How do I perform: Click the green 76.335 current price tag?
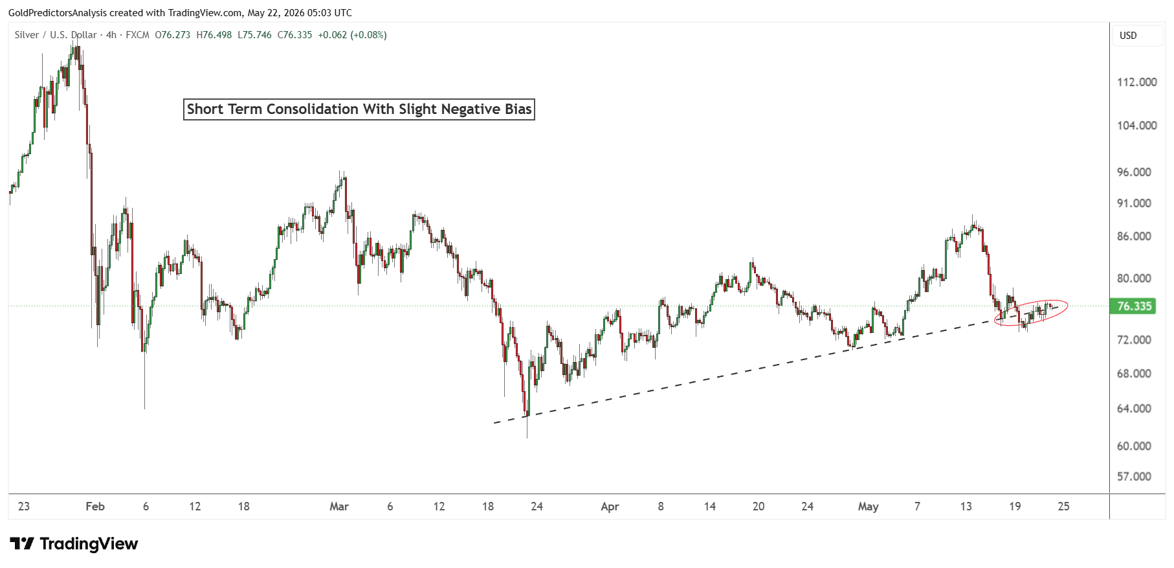(1134, 306)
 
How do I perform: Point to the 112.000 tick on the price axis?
(1136, 82)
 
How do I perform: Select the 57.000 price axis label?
(1134, 477)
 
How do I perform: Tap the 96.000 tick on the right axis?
(1134, 172)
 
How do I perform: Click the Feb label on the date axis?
(95, 506)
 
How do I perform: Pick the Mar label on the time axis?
(339, 506)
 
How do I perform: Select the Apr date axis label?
(610, 506)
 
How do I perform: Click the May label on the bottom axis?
(868, 506)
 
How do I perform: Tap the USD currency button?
(1128, 36)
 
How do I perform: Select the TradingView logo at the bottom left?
(74, 543)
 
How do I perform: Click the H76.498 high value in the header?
(214, 35)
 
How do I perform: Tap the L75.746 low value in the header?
(254, 35)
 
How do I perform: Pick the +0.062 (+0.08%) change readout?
(353, 35)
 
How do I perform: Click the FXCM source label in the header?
(138, 35)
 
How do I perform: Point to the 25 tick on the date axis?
(1063, 506)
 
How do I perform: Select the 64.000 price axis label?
(1134, 409)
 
